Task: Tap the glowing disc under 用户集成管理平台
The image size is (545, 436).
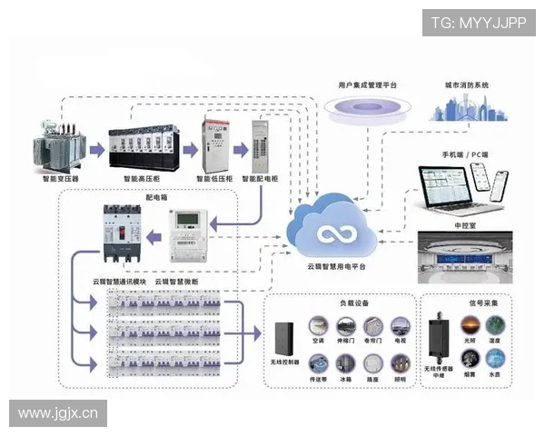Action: coord(367,112)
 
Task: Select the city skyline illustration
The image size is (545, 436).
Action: coord(467,106)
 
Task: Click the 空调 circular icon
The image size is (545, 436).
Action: coord(317,326)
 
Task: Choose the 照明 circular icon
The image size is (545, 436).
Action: coord(400,361)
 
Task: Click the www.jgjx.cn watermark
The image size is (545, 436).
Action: coord(58,413)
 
